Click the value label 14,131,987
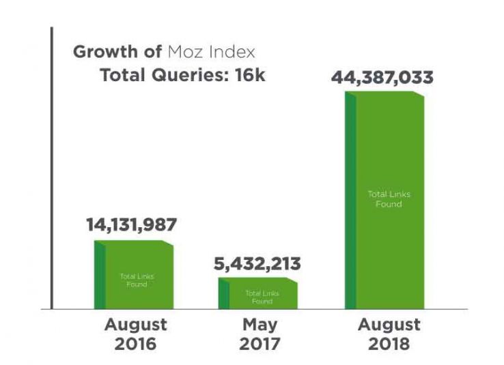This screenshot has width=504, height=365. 132,224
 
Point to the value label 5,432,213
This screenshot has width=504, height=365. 256,263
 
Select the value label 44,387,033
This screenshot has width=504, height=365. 382,77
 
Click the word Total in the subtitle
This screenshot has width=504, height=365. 124,75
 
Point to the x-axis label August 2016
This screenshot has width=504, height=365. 135,334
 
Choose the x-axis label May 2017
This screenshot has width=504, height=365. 260,334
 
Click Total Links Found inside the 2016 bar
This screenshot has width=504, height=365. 137,280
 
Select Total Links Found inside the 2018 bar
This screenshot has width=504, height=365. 389,199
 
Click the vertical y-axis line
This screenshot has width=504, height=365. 53,171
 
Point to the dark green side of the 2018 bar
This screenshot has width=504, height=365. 350,205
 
